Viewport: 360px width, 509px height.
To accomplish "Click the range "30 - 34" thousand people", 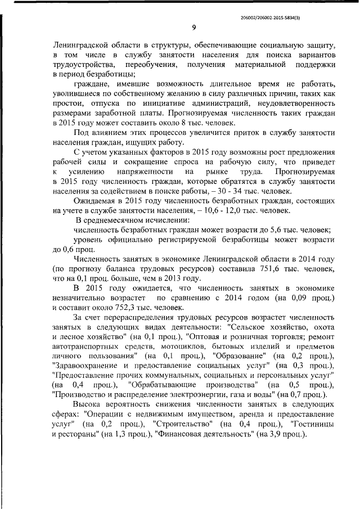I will pyautogui.click(x=227, y=190).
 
